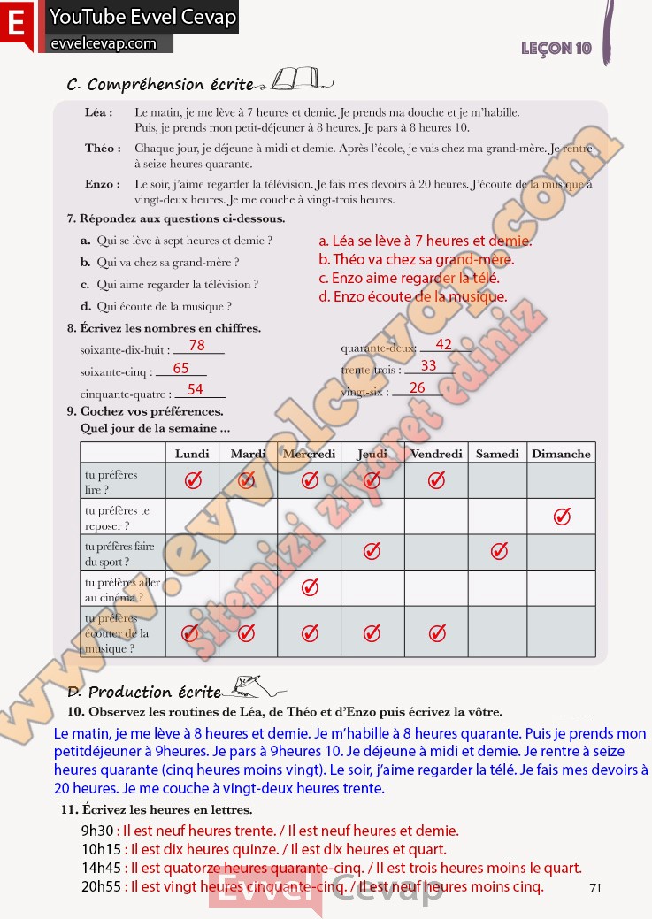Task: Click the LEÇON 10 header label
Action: [x=556, y=48]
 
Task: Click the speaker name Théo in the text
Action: [x=103, y=149]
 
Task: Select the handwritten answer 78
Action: [x=196, y=345]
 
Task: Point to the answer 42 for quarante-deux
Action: [x=444, y=344]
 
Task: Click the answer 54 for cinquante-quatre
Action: [x=196, y=389]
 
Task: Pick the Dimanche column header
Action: [x=561, y=454]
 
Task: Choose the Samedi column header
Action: [x=497, y=454]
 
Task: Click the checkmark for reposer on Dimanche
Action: [x=562, y=517]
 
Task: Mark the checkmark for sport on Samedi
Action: [x=499, y=552]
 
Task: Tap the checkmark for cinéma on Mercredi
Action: [x=310, y=587]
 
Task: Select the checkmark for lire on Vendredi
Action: [x=436, y=480]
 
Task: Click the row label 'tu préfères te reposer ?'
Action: [x=117, y=517]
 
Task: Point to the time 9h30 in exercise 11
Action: [x=96, y=831]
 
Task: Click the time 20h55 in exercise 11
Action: [x=100, y=885]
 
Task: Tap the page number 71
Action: [x=594, y=888]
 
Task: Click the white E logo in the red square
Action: [x=15, y=24]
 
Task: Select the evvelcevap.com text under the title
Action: [x=103, y=43]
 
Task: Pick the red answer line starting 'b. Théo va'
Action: [x=416, y=259]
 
